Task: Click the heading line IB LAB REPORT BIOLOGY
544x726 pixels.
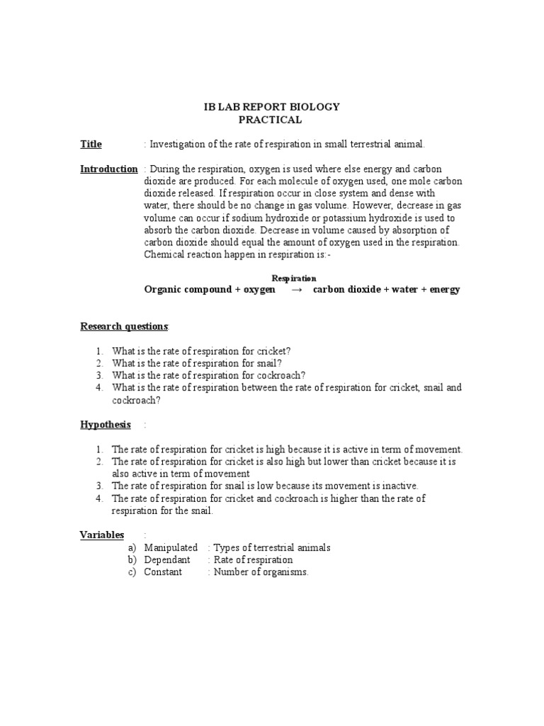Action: tap(271, 107)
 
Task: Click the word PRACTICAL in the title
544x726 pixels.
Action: tap(271, 120)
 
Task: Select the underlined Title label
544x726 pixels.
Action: tap(91, 145)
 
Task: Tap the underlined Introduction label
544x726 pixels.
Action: tap(108, 169)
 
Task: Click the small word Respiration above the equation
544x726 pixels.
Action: tap(294, 279)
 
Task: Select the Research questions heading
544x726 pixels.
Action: tap(124, 326)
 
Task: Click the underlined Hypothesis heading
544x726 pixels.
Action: tap(105, 425)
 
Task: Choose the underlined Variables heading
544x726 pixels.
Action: tap(101, 535)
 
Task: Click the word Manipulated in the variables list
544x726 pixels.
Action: tap(171, 548)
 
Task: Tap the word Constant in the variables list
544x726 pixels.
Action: tap(163, 572)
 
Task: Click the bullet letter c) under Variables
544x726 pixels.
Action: tap(132, 572)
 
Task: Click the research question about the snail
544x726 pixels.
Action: tap(192, 363)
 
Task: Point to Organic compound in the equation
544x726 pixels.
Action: tap(187, 290)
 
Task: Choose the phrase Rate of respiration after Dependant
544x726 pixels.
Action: tap(253, 560)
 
